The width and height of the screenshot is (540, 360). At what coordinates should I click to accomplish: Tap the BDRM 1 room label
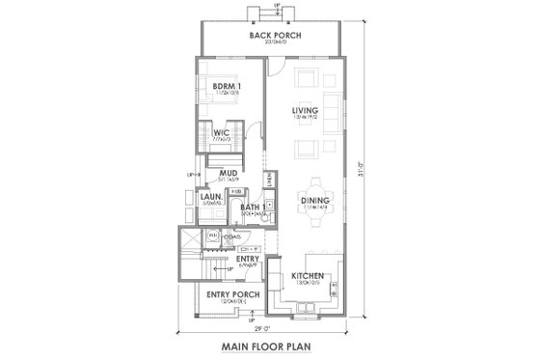tap(228, 85)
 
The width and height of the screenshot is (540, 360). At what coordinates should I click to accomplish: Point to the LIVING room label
tap(306, 110)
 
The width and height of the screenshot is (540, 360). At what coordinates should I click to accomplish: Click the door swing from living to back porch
tap(274, 69)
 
